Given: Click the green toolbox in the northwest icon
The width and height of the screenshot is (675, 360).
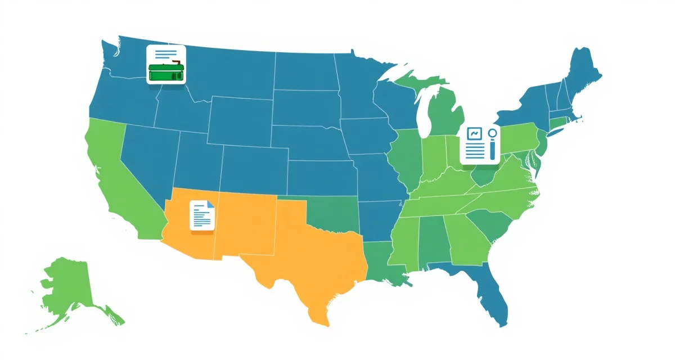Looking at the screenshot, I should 166,73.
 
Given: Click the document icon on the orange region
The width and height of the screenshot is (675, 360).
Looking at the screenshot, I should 202,215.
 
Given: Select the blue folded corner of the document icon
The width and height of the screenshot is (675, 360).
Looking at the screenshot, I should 211,204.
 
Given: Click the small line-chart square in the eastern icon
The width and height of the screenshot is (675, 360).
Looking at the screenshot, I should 474,134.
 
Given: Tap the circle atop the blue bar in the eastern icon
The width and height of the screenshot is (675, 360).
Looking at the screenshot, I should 493,133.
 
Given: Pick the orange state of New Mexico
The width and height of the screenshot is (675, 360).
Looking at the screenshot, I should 247,225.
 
